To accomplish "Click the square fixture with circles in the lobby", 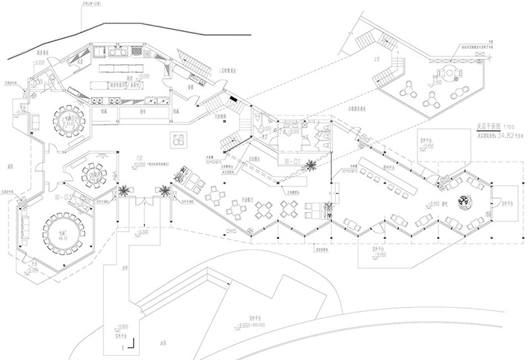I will (179, 140).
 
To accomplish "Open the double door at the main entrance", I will (142, 201).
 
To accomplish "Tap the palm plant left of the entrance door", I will (123, 190).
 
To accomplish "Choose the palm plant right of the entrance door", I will (163, 190).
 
